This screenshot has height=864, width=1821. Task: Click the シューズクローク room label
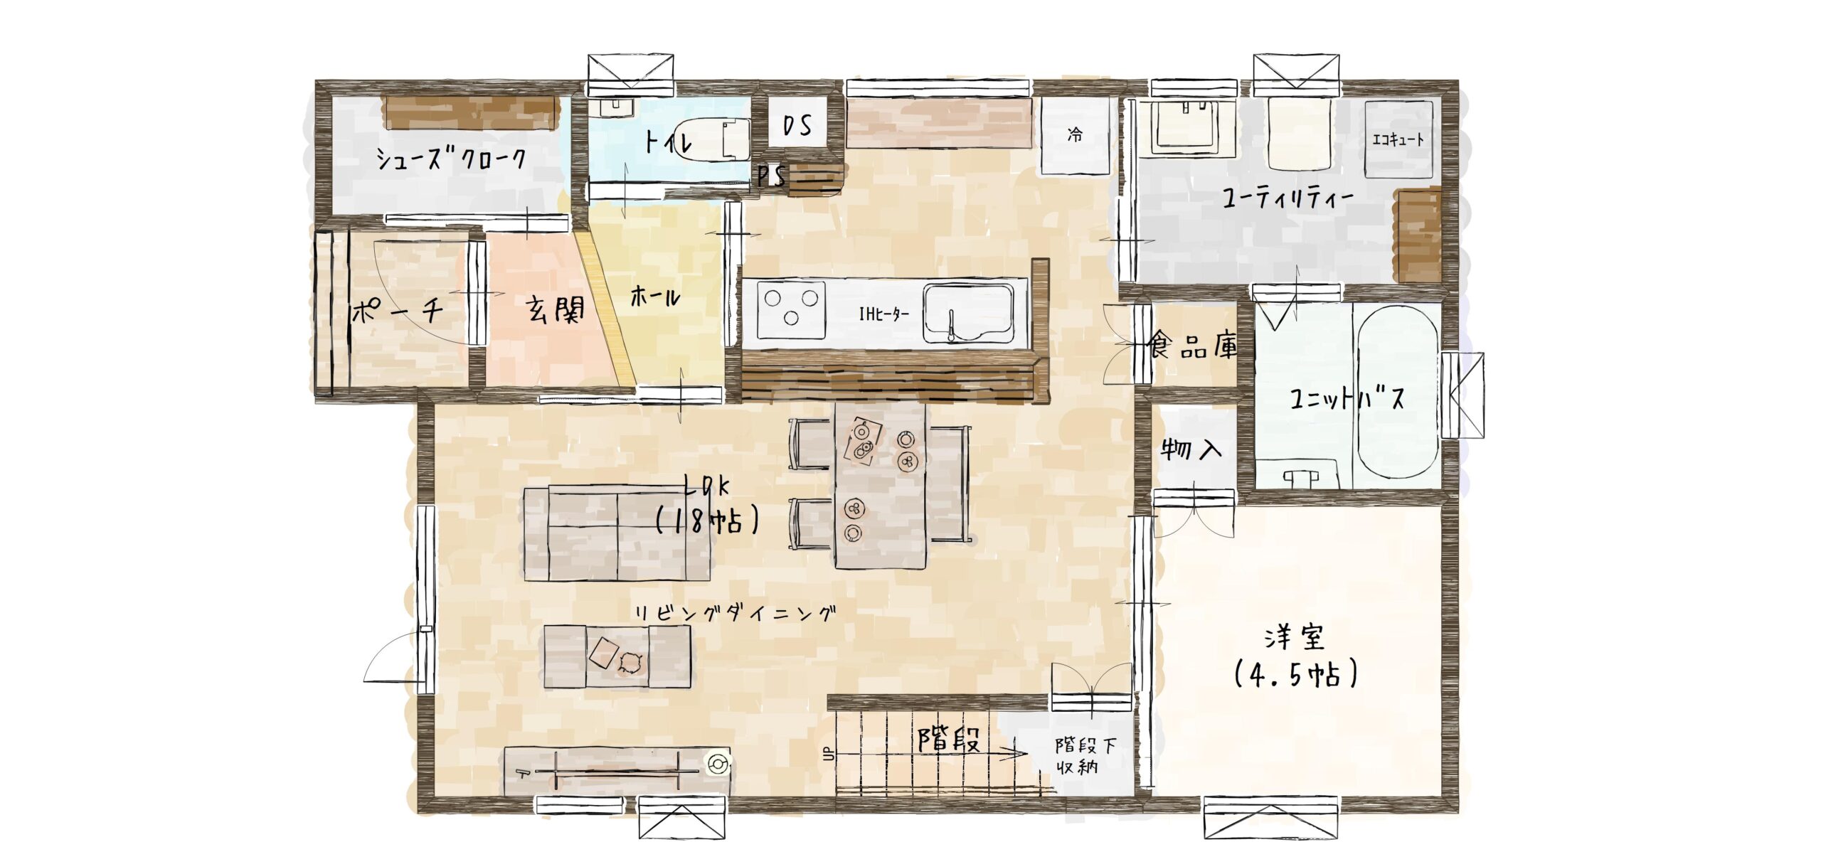(x=451, y=158)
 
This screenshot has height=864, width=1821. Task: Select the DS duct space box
(x=797, y=126)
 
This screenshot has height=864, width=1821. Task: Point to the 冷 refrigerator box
(x=1075, y=135)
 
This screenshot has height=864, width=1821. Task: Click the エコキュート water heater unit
(x=1398, y=139)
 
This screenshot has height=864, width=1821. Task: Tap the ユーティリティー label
(x=1288, y=198)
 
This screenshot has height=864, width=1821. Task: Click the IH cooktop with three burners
(x=791, y=310)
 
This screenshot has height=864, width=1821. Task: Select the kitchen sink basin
(x=969, y=314)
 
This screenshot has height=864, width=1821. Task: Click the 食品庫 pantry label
(x=1192, y=346)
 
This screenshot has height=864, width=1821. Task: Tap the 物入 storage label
(x=1191, y=449)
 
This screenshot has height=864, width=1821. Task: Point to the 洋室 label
(x=1295, y=638)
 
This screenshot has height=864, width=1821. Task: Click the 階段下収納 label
(x=1085, y=756)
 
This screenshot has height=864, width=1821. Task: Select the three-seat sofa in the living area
(x=617, y=533)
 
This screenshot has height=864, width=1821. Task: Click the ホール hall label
(x=654, y=296)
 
